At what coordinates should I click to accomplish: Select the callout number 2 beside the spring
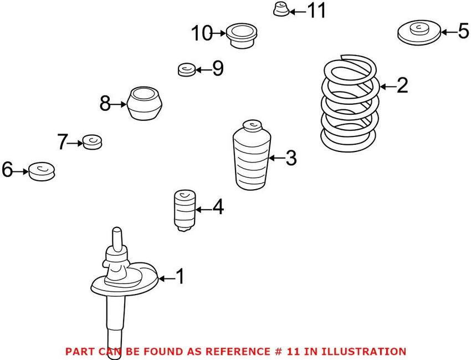click(402, 85)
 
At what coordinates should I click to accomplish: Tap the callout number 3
click(291, 159)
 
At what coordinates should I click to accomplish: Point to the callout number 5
click(463, 32)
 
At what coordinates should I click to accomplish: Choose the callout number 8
click(105, 103)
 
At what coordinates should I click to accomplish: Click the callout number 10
click(202, 34)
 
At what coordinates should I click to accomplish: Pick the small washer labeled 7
click(92, 143)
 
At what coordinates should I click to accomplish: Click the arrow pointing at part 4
click(202, 210)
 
